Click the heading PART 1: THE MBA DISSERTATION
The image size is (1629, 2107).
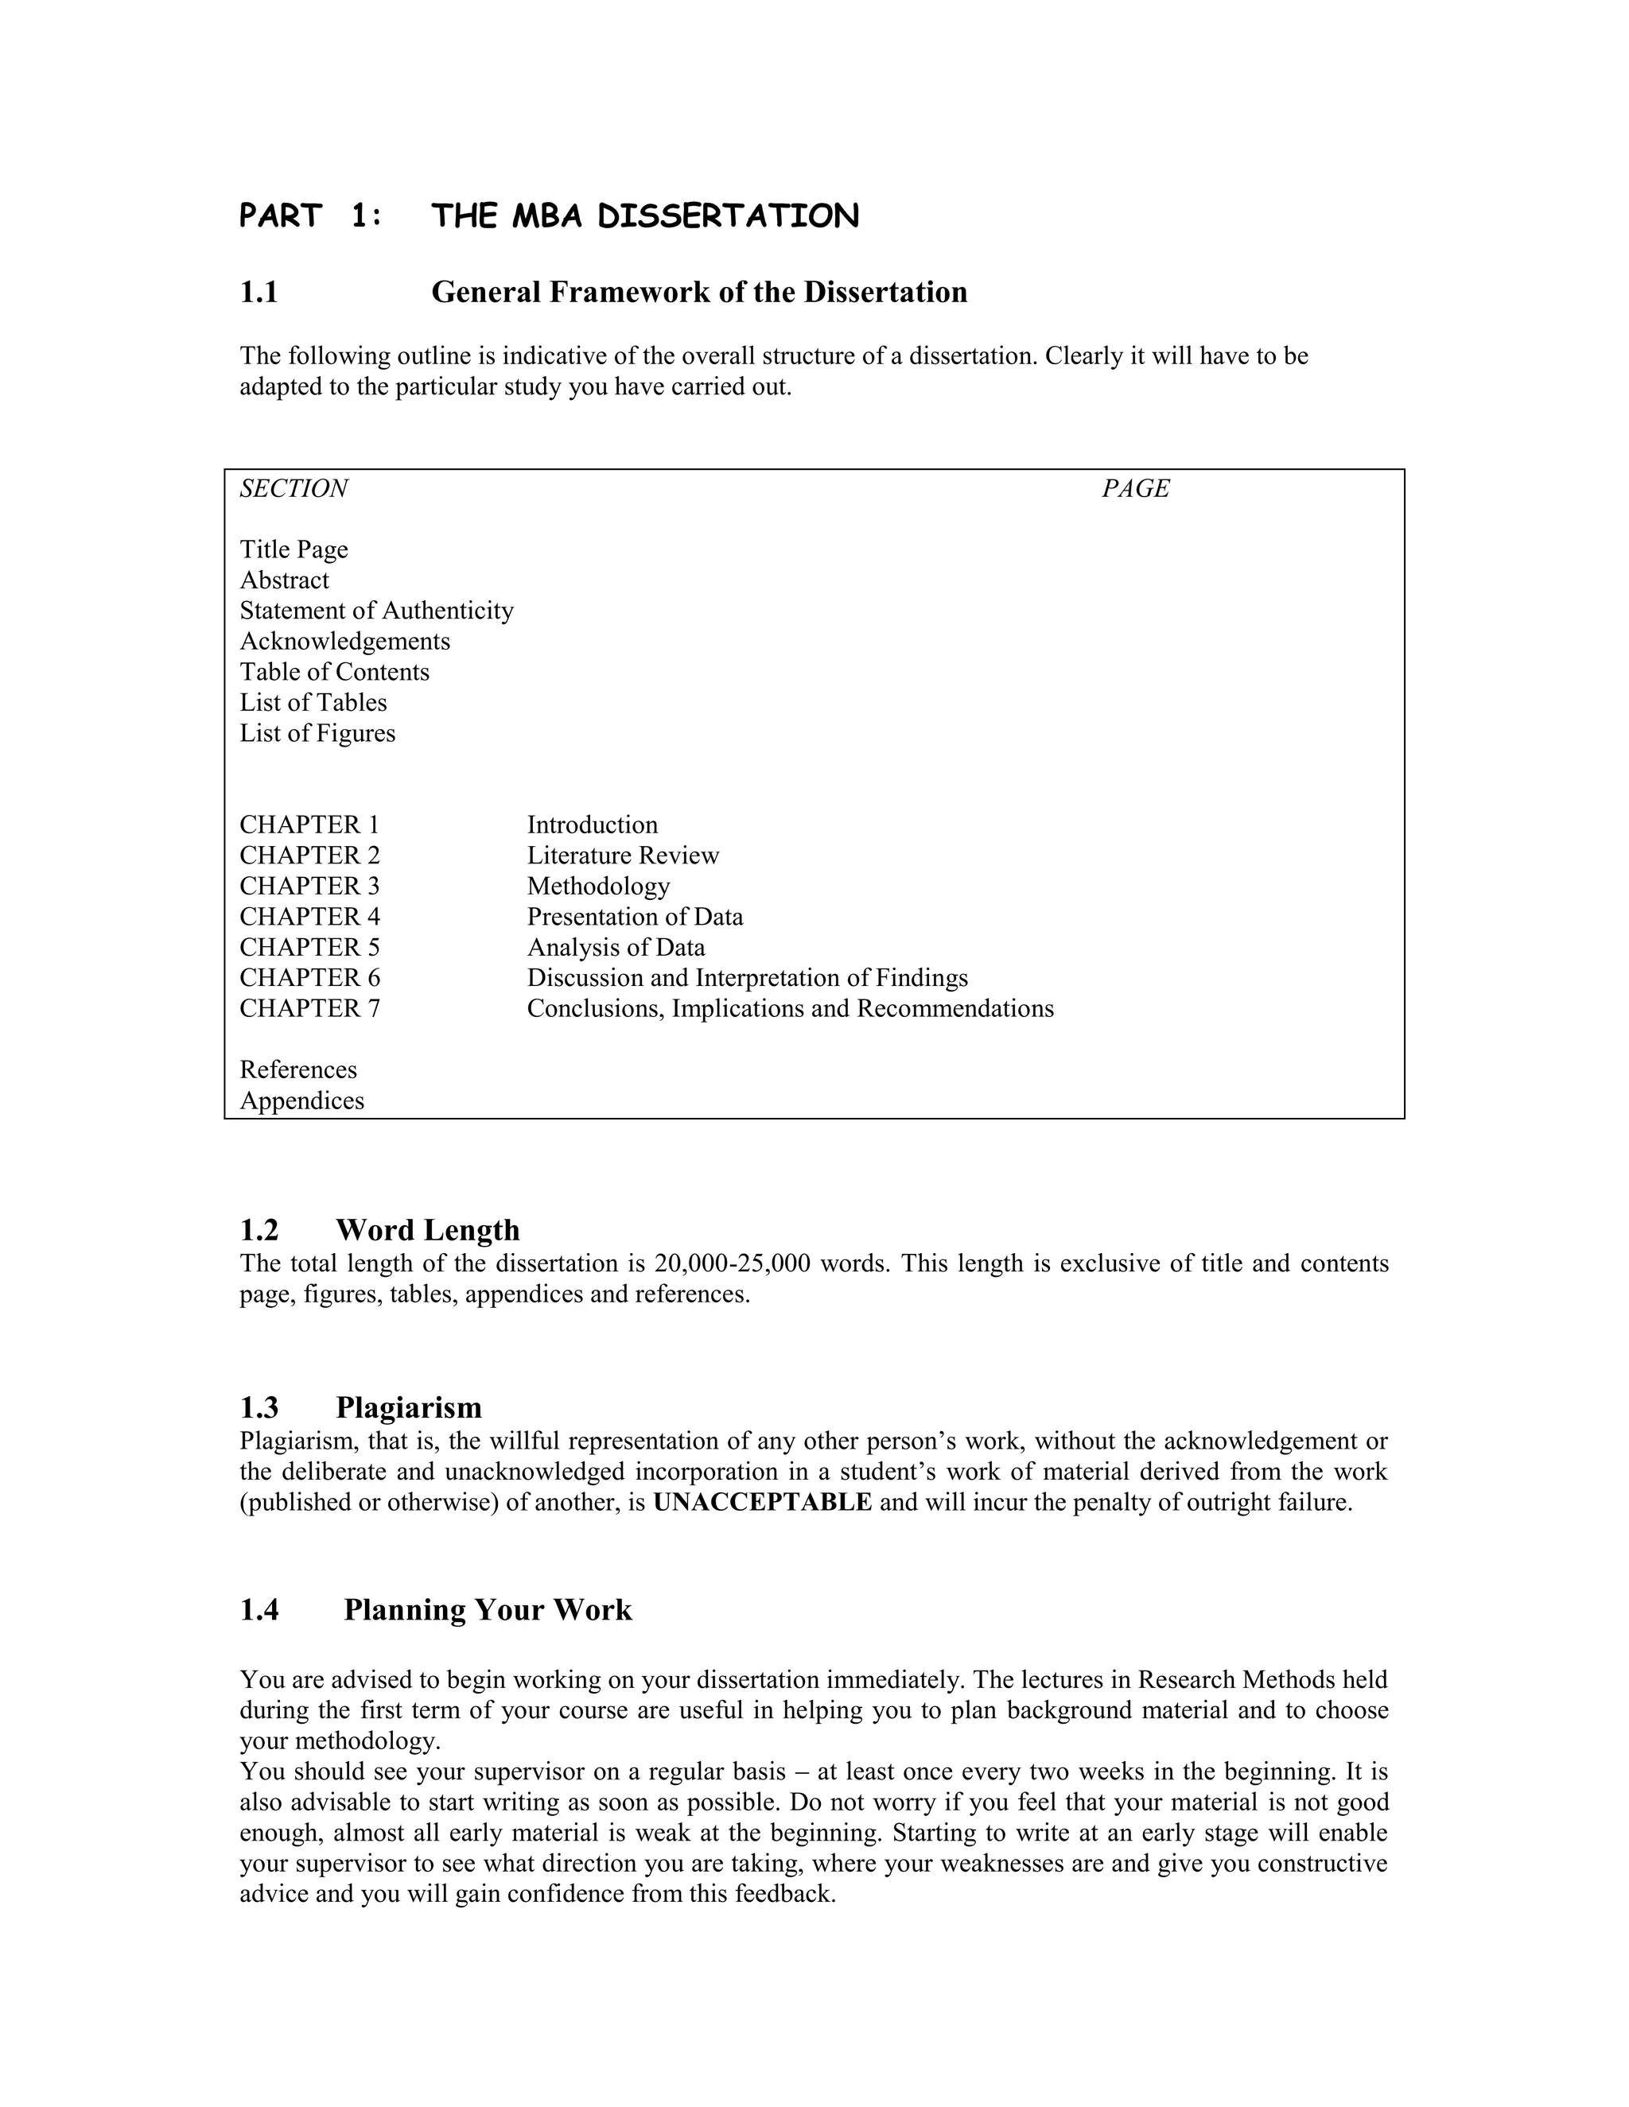[548, 216]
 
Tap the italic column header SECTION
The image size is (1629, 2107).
[294, 489]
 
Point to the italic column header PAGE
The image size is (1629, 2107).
[1135, 489]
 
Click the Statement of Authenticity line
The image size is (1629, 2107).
[376, 611]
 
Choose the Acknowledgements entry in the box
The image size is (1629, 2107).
[344, 642]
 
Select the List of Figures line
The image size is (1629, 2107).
[317, 733]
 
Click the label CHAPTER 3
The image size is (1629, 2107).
[309, 886]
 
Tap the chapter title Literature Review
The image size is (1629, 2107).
[623, 856]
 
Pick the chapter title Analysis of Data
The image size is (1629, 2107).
[616, 948]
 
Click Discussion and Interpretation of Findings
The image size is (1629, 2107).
[747, 978]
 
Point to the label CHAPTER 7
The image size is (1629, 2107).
[309, 1008]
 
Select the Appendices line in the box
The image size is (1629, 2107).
[302, 1100]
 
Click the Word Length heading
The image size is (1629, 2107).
[427, 1230]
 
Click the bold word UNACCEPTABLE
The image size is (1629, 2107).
[762, 1502]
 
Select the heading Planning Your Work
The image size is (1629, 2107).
[488, 1610]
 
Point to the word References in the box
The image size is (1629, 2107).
[298, 1070]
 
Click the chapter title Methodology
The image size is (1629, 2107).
[598, 886]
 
